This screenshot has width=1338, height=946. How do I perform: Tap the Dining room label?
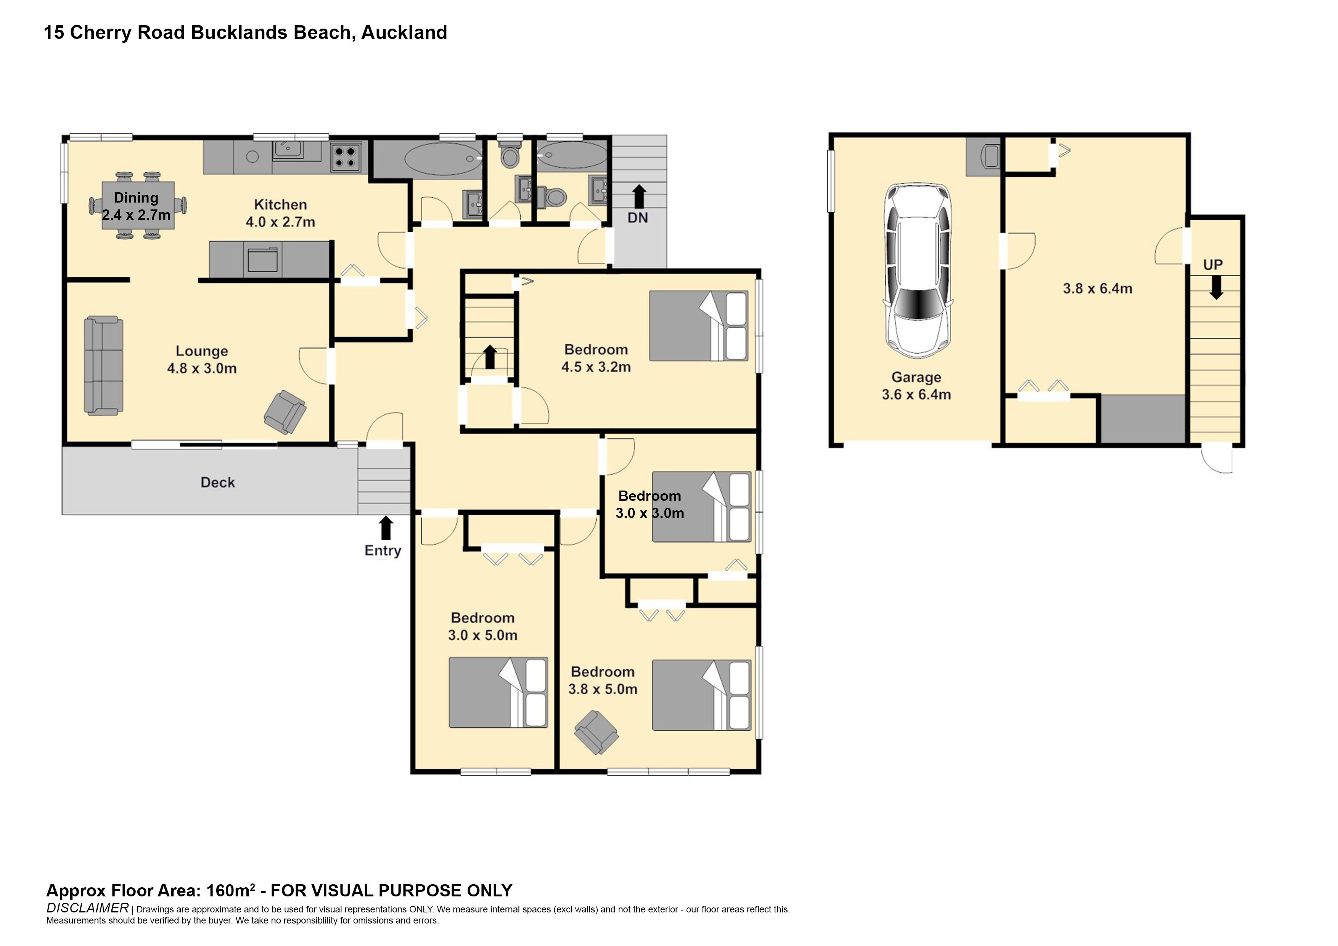tap(136, 198)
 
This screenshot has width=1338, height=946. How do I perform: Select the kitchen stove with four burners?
tap(346, 156)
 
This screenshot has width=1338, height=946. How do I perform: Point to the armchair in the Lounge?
tap(285, 412)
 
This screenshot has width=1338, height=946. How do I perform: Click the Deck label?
tap(217, 482)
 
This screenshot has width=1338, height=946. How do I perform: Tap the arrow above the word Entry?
tap(385, 528)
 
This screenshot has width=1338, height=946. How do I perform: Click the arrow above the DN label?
tap(639, 196)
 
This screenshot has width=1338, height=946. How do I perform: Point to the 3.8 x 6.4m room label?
tap(1097, 288)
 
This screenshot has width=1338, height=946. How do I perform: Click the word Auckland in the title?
tap(404, 33)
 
